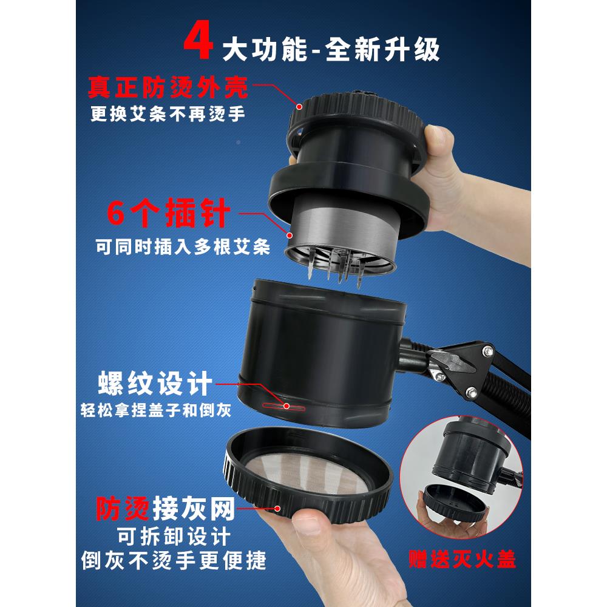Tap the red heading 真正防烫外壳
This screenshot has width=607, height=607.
tap(167, 89)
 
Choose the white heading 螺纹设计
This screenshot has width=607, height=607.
tap(154, 384)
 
